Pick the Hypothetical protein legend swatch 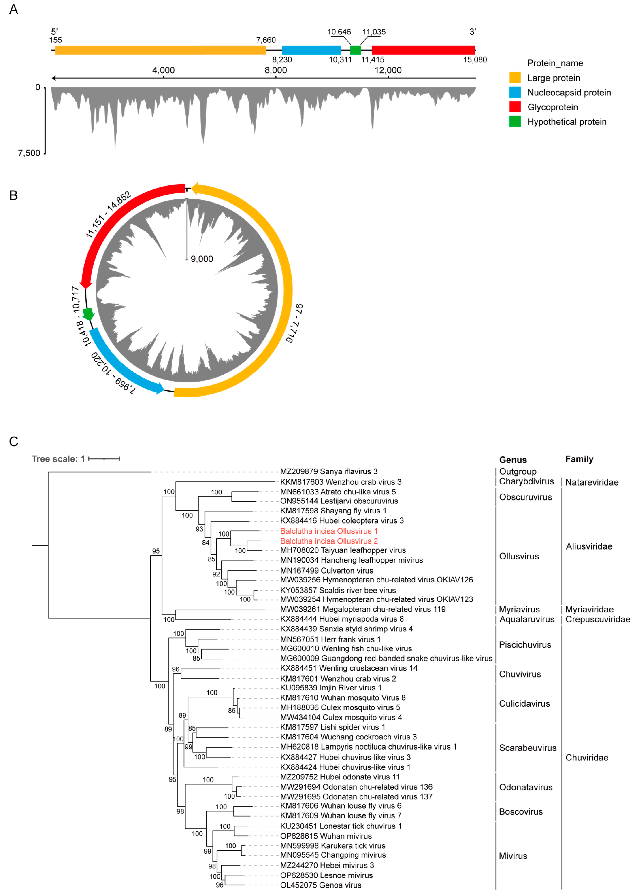(x=515, y=122)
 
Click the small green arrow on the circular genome (x=88, y=314)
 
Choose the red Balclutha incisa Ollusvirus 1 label (x=329, y=531)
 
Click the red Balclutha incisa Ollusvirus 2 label (x=329, y=541)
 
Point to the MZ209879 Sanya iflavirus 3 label (x=329, y=472)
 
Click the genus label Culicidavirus (x=524, y=704)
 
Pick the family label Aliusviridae (x=589, y=546)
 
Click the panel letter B (x=13, y=195)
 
